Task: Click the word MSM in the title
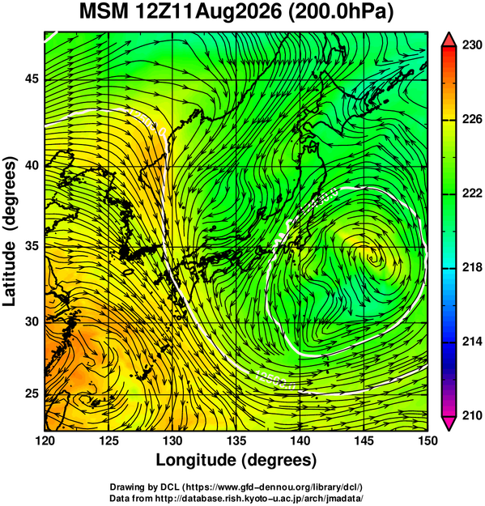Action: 104,12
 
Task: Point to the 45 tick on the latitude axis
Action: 32,79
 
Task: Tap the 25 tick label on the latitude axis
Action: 32,394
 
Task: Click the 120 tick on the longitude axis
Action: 45,440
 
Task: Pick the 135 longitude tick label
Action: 236,440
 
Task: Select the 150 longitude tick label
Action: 428,440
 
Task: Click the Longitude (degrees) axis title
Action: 236,461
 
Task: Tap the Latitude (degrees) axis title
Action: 10,232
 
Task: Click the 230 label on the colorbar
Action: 472,45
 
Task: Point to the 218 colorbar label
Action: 472,267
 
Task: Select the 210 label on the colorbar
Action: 472,415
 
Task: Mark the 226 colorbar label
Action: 472,119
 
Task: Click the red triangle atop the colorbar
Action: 449,40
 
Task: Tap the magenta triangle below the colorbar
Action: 449,423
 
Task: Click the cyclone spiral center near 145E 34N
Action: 372,258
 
